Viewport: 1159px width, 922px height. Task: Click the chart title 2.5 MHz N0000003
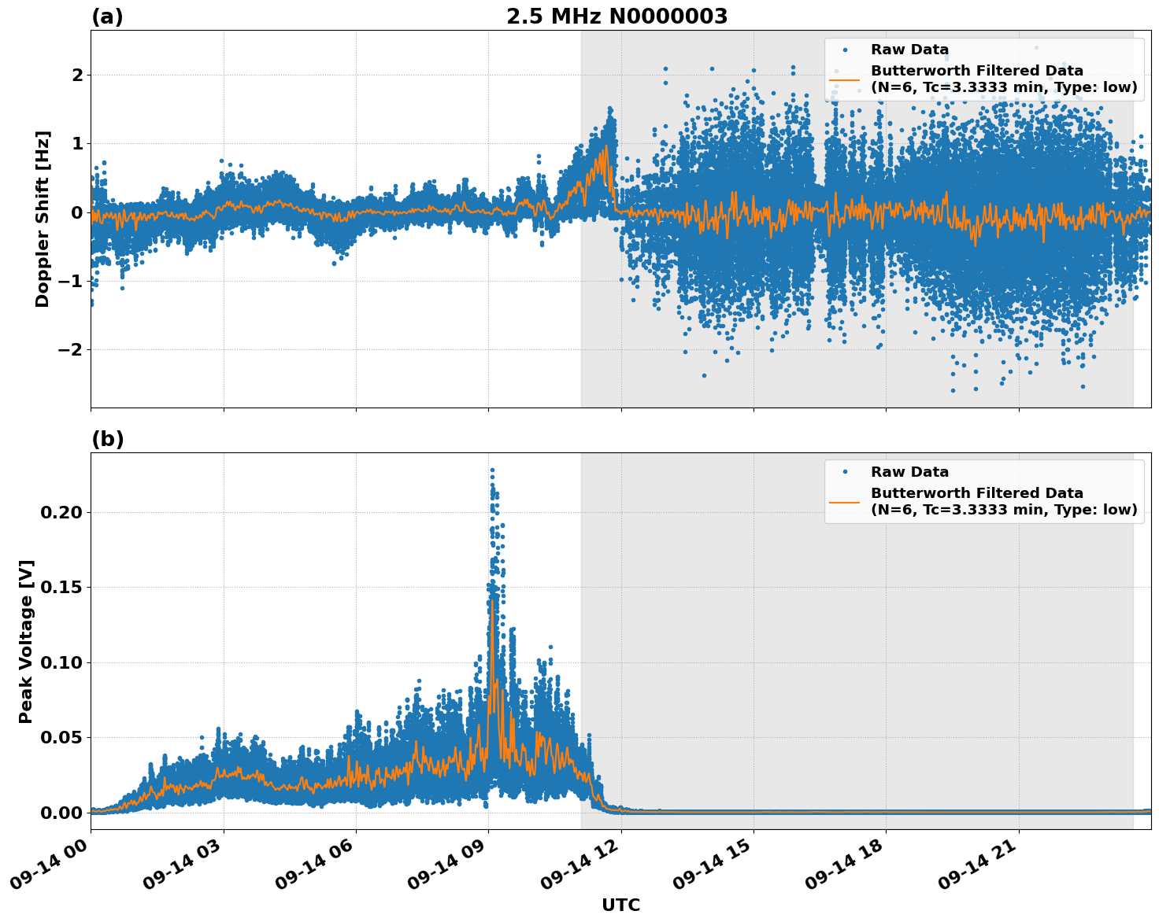[617, 17]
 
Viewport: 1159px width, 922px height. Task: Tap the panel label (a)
[107, 17]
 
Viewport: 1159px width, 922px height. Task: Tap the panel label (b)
[107, 439]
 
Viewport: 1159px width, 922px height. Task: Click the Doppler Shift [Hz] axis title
[43, 219]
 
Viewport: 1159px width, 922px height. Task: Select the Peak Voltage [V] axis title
[26, 641]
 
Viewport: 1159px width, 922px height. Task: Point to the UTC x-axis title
[620, 905]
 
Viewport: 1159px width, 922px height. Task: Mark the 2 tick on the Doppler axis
[77, 75]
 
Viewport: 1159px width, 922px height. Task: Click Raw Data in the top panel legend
[909, 50]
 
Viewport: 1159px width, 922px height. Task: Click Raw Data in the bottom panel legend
[909, 472]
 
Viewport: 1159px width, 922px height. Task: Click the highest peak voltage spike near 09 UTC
[492, 470]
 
